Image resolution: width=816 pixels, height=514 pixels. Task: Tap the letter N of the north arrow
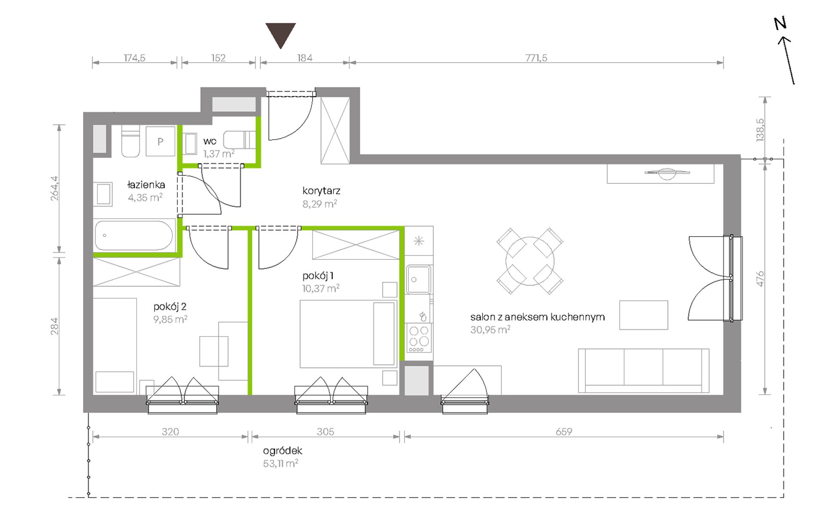[x=780, y=23]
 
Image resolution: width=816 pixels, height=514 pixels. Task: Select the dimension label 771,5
[x=536, y=58]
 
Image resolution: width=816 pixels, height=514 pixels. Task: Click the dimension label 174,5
[x=134, y=58]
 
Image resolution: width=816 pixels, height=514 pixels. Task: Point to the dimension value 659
[x=564, y=432]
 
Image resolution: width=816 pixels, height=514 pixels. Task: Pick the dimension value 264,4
[x=55, y=189]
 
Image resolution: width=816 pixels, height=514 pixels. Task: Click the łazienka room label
[x=146, y=185]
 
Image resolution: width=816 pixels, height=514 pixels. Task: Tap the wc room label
[x=210, y=141]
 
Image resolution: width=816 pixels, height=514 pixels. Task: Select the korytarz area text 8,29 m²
[x=320, y=204]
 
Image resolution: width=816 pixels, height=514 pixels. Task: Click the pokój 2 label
[x=170, y=307]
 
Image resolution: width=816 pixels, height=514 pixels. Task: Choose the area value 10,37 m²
[x=321, y=288]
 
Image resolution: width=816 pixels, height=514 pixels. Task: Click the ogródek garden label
[x=283, y=451]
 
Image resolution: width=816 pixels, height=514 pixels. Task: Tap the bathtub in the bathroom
[x=134, y=235]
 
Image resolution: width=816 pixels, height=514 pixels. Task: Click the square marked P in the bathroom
[x=161, y=141]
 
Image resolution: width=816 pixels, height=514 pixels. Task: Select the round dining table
[x=530, y=261]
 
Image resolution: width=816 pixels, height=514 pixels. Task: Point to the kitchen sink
[x=419, y=280]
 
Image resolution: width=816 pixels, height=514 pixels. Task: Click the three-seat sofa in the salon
[x=643, y=371]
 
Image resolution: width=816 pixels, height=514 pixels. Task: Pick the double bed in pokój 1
[x=348, y=334]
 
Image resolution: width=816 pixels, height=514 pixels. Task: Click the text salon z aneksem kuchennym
[x=537, y=317]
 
